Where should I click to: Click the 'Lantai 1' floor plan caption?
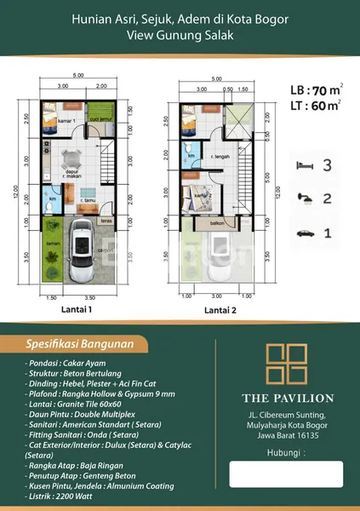coord(77,310)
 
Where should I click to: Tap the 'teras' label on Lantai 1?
coord(107,218)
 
